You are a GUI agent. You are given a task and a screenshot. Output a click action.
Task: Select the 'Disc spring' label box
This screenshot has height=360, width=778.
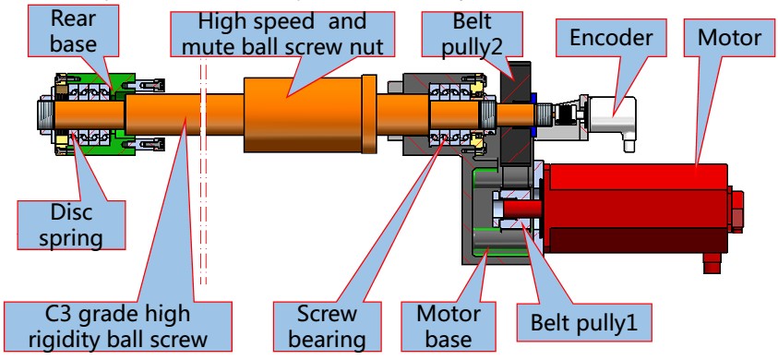click(x=71, y=225)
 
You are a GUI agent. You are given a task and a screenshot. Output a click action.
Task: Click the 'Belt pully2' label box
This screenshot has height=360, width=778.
click(x=472, y=34)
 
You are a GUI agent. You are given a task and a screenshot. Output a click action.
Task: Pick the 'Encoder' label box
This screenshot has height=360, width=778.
click(x=610, y=38)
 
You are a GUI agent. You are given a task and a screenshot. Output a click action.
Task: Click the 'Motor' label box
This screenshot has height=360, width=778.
click(x=729, y=38)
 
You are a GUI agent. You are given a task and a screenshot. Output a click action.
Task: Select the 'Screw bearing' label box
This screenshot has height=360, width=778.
click(x=327, y=327)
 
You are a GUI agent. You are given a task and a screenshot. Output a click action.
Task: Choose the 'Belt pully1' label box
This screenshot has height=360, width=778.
click(x=583, y=322)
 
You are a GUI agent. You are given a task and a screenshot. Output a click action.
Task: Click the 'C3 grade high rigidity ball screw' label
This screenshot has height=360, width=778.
click(x=118, y=327)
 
